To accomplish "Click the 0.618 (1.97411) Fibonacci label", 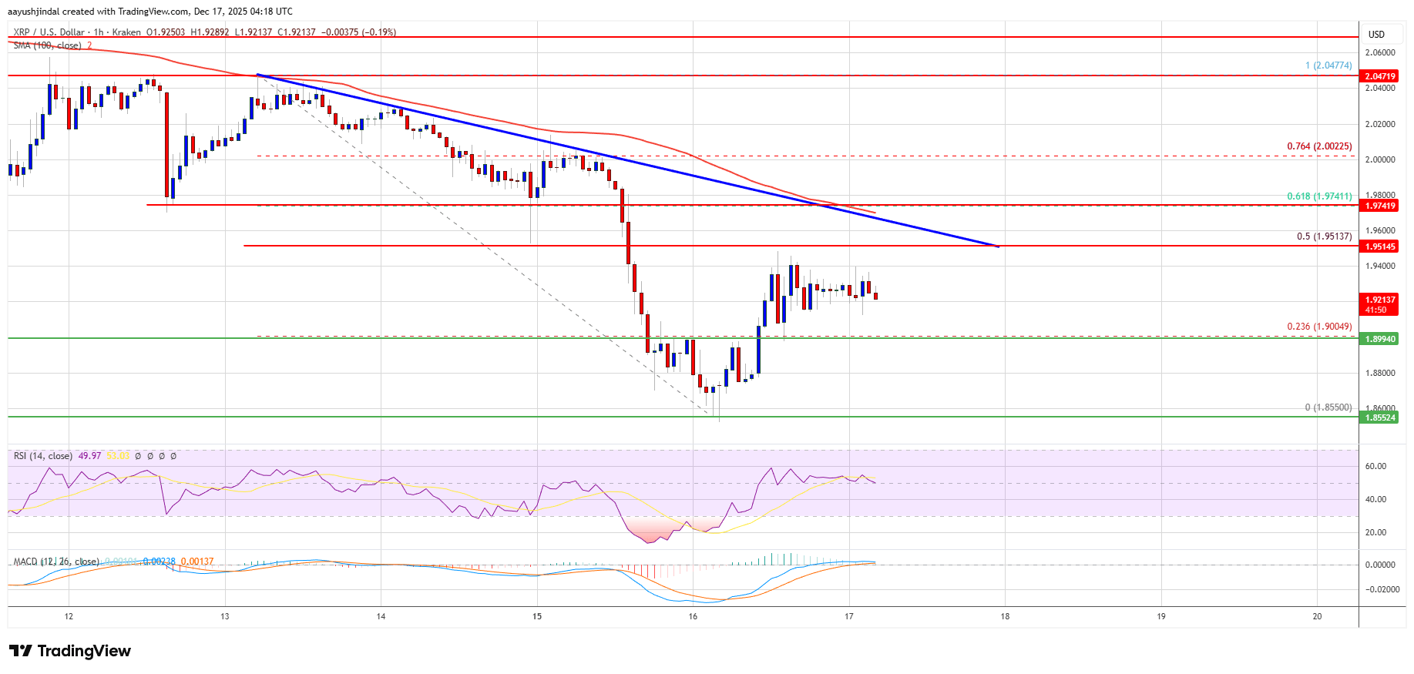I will (x=1319, y=196).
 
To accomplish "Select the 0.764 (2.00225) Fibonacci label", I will (x=1319, y=146).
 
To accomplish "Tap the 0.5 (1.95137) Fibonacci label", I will (x=1324, y=236).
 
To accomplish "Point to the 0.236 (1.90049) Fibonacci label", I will (x=1319, y=327).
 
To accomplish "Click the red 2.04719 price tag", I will (x=1379, y=76).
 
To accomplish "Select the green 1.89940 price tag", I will (x=1379, y=339).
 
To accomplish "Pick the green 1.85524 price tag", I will (x=1379, y=417).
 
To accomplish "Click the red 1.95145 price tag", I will (x=1379, y=246).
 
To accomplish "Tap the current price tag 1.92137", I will (x=1379, y=300).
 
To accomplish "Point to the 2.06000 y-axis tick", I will (x=1379, y=52).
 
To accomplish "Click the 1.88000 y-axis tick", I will (x=1379, y=373).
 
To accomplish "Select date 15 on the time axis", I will (x=537, y=616).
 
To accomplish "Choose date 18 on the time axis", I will (x=1005, y=616).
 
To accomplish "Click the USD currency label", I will (x=1376, y=35).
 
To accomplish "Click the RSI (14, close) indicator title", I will (x=43, y=456).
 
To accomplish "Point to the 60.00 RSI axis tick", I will (x=1375, y=466).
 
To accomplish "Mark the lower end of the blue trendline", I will (x=999, y=246).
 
